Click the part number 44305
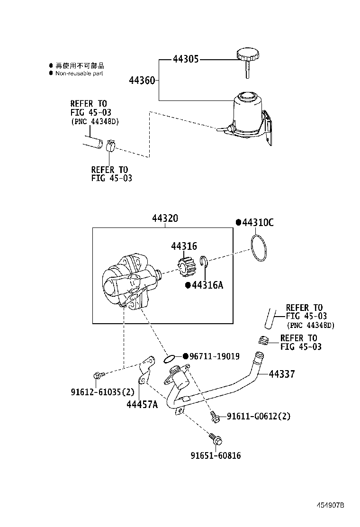pos(185,59)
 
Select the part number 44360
pos(142,81)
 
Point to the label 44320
pos(165,218)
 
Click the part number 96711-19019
pos(215,356)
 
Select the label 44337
pos(281,374)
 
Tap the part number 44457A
pos(142,404)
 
